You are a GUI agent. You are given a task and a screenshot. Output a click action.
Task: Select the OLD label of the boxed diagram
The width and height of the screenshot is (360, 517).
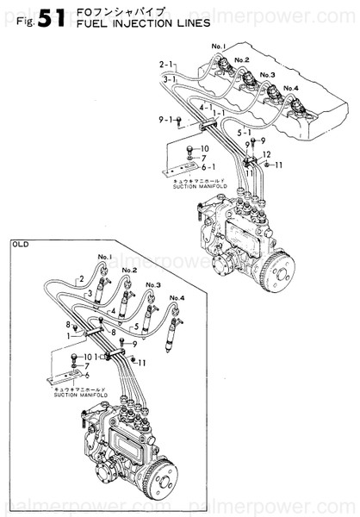(22, 244)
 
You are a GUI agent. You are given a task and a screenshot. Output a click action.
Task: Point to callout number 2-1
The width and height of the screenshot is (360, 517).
(166, 65)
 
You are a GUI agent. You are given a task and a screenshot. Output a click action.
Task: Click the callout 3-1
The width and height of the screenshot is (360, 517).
(171, 79)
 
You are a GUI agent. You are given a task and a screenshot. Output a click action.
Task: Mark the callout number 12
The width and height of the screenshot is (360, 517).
(267, 153)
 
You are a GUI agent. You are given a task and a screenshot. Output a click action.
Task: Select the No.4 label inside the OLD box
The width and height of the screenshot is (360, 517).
(176, 297)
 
